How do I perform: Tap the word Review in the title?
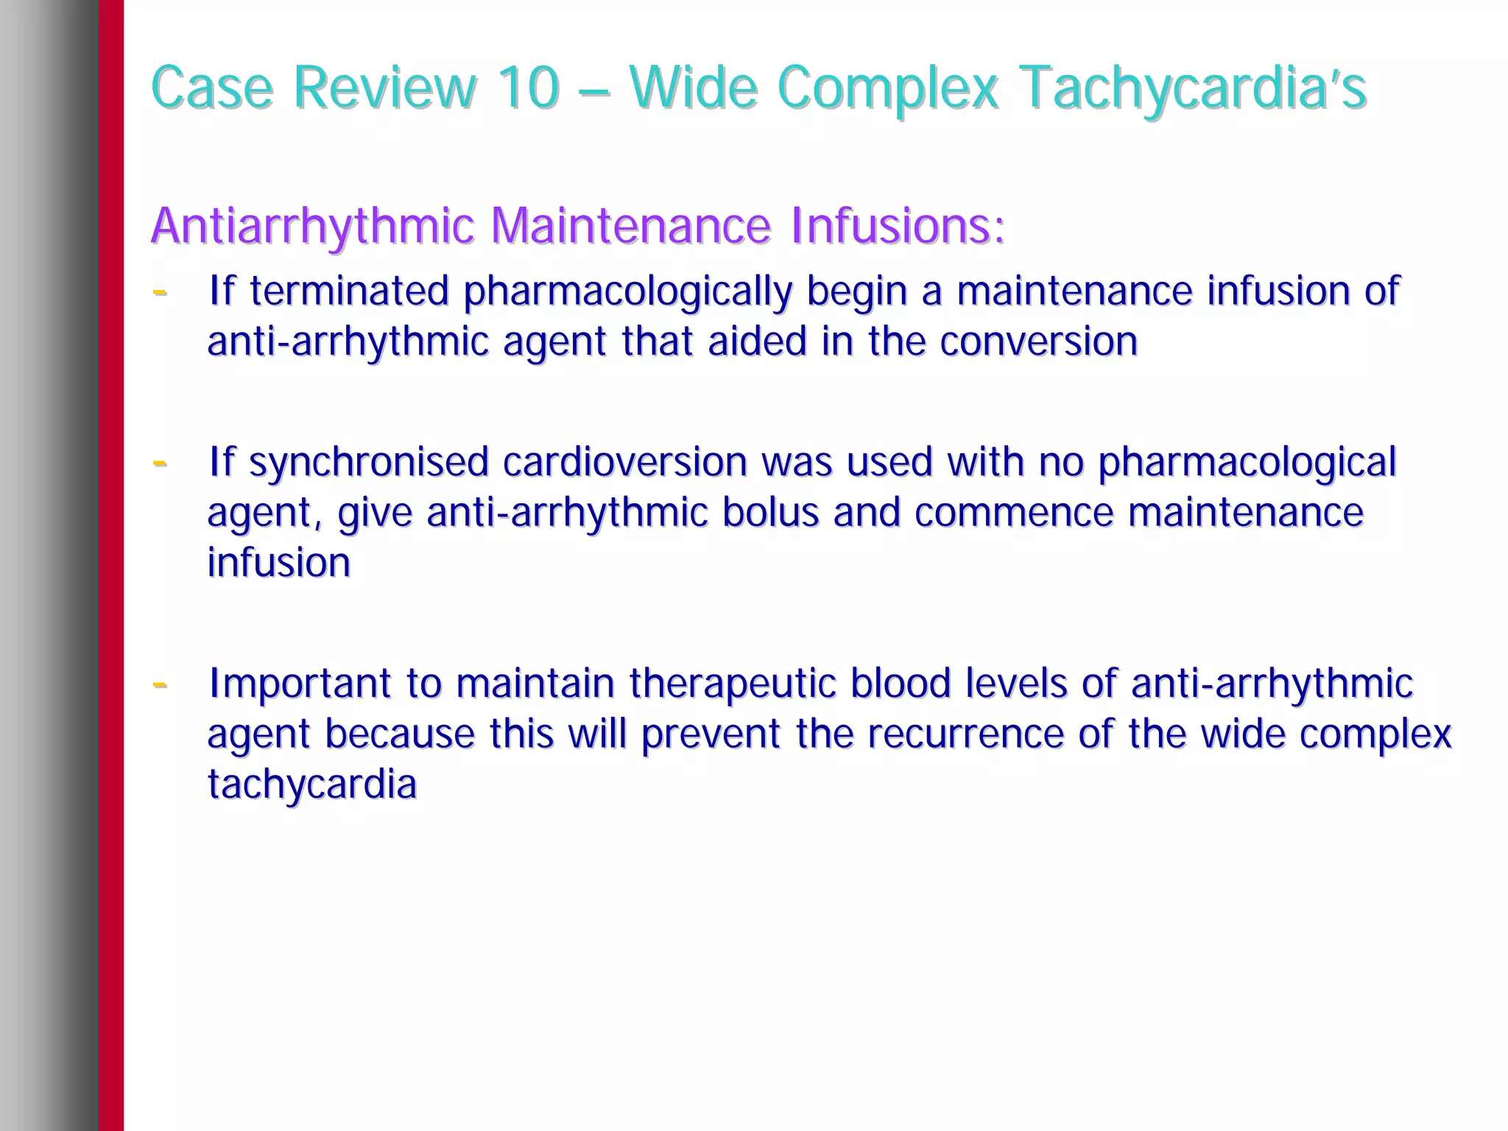384,88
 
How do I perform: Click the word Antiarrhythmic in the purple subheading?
312,225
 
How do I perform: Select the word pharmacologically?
627,291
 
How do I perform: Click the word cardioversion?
625,462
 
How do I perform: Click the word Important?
303,683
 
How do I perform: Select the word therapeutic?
733,684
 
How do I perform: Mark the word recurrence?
965,734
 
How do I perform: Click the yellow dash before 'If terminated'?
159,292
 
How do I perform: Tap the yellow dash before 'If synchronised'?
159,464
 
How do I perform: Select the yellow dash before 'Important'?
159,684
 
